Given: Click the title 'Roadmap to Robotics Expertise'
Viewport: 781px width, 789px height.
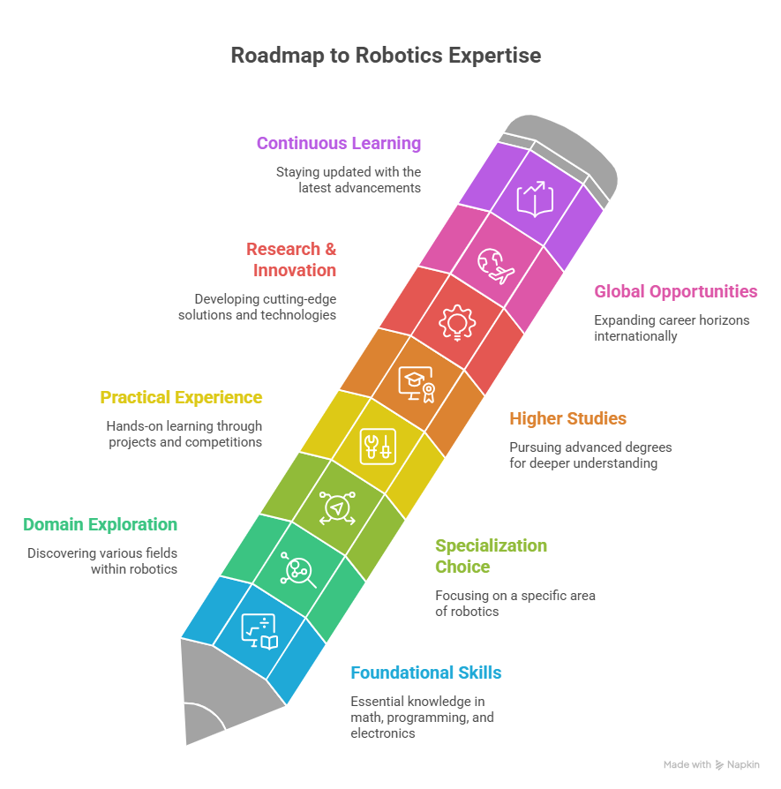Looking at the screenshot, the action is coord(386,56).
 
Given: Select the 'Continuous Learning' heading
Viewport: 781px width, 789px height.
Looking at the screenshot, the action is coord(339,143).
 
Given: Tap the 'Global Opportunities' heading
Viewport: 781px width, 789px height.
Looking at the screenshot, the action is coord(675,292).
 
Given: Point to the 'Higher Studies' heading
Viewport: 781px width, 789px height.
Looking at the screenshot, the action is coord(567,418).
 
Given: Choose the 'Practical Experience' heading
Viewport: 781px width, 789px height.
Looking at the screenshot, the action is coord(181,397).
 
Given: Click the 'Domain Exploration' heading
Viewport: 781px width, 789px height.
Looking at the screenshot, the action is coord(100,524).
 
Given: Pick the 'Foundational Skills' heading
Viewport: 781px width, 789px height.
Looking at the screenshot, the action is coord(425,673).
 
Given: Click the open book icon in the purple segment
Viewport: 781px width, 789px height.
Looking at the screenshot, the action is coord(536,199).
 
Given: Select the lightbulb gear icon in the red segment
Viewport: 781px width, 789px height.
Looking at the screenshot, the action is coord(457,323).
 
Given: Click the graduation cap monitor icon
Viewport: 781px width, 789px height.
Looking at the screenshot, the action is coord(417,385).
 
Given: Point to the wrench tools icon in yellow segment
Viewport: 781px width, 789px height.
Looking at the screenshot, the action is coord(378,447).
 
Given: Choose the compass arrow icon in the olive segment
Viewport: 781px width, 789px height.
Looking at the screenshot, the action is coord(338,508).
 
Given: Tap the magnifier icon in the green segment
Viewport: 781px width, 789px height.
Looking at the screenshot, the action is coord(298,570).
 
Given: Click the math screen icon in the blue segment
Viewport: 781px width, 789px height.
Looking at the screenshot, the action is coord(259,632).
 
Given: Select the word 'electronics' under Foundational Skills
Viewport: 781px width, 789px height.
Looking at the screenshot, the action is coord(383,733).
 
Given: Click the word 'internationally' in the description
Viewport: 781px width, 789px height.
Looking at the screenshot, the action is coord(635,336).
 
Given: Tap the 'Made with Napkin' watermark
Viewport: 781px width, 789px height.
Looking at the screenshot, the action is coord(711,765).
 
